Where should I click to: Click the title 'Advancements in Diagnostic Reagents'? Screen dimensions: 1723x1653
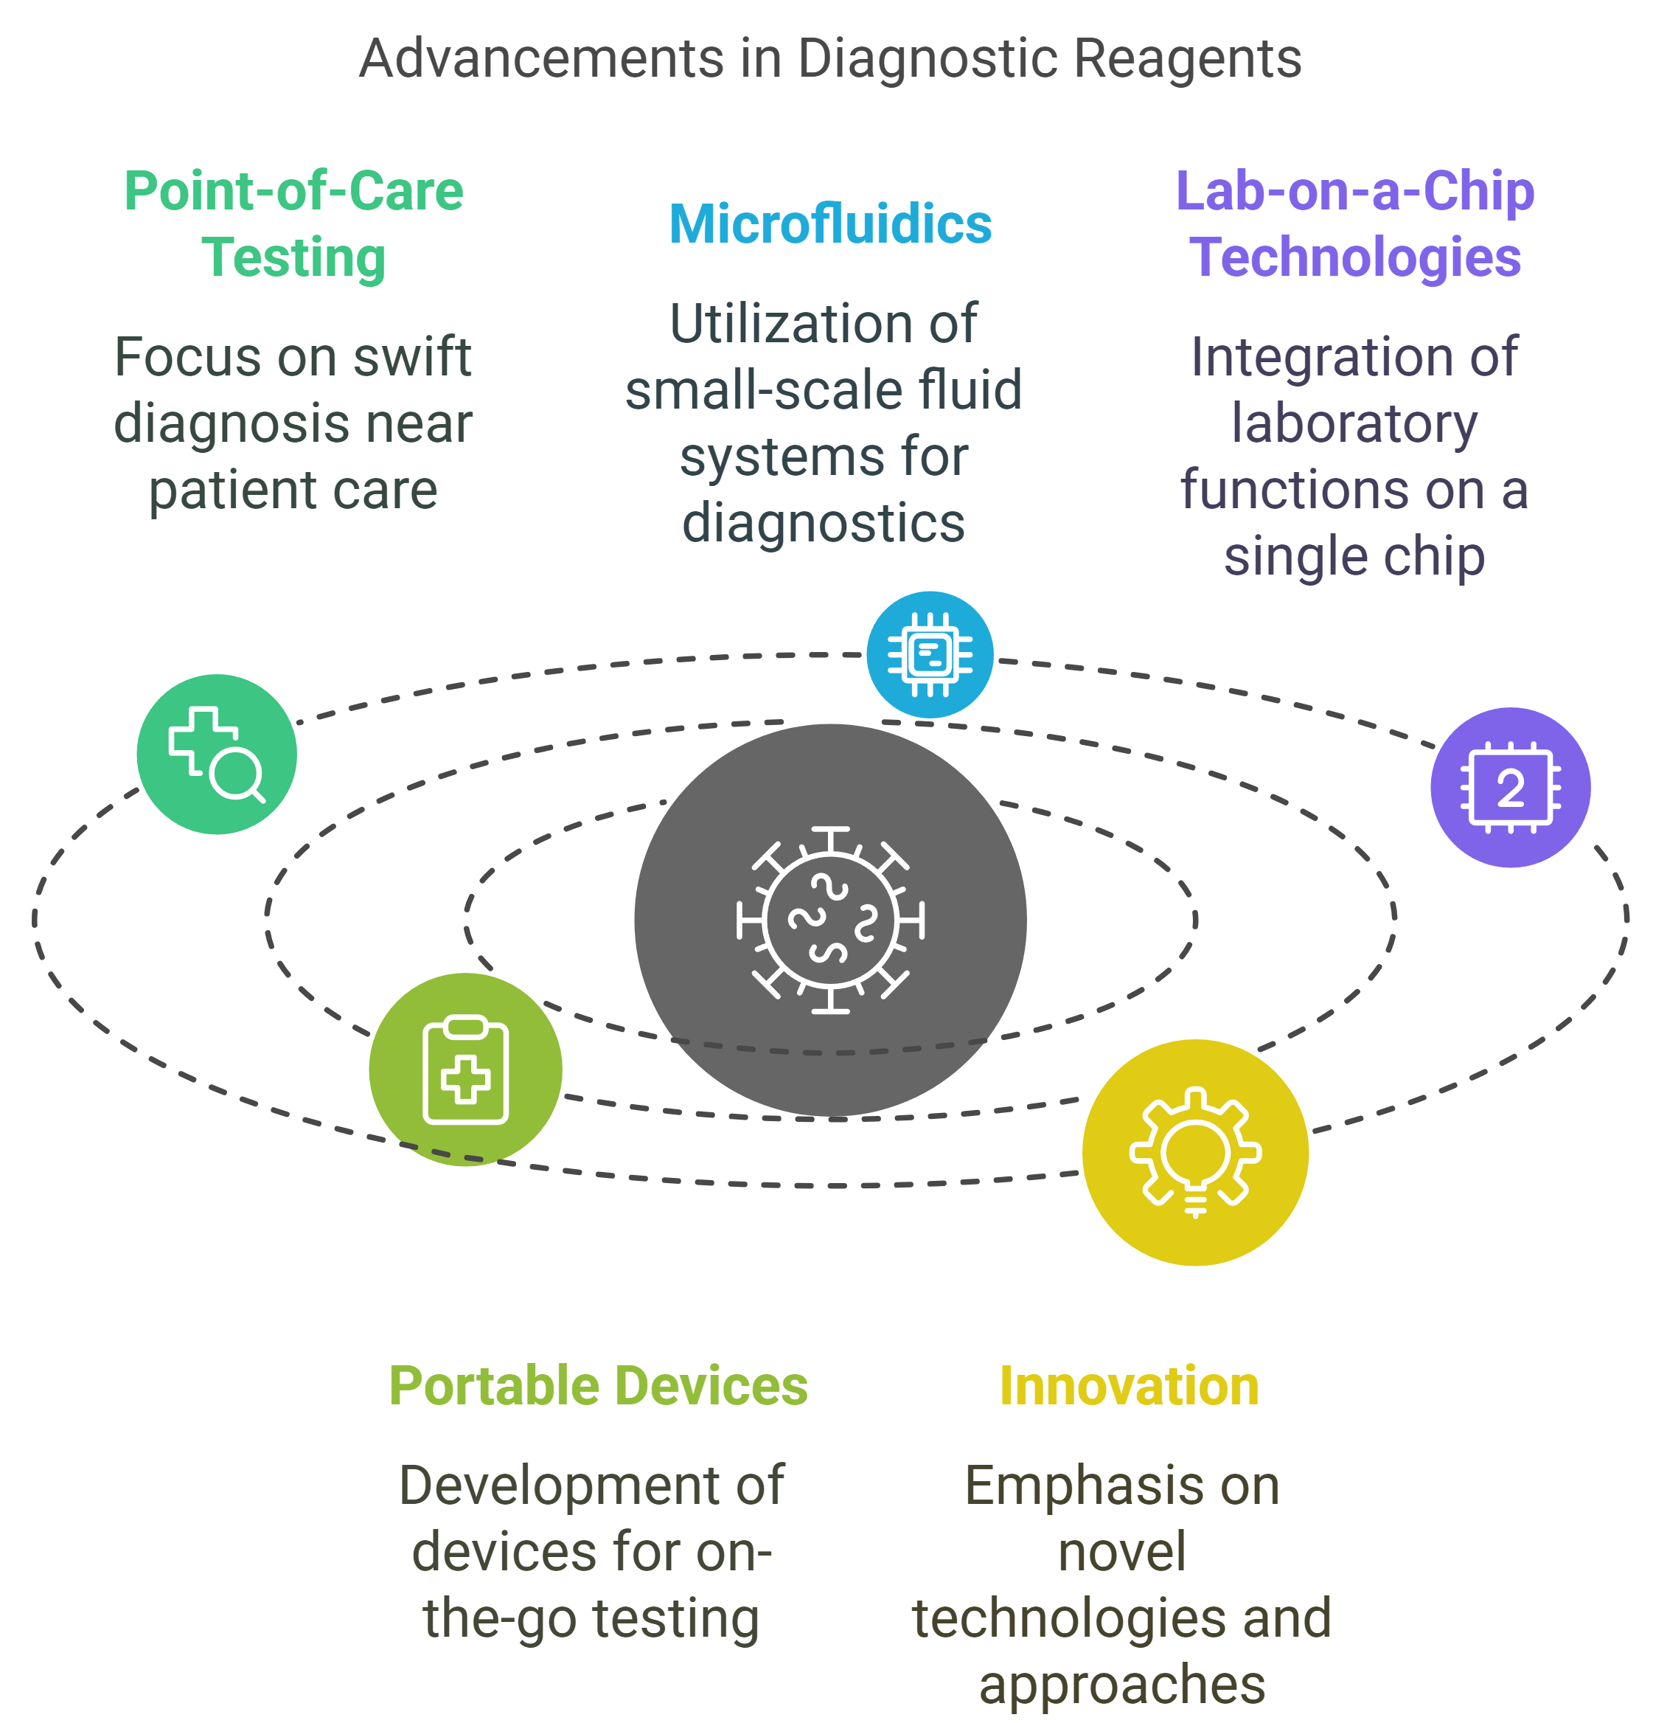pos(829,59)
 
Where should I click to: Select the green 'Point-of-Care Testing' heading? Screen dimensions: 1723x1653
pos(293,224)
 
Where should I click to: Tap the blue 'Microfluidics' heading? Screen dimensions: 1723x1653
pos(829,224)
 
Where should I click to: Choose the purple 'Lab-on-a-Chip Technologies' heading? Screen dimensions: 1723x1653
pos(1354,224)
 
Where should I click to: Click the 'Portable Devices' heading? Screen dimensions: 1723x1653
pos(598,1387)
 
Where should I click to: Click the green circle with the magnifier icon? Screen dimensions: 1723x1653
pos(216,755)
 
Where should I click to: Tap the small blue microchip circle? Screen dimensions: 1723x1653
pos(930,655)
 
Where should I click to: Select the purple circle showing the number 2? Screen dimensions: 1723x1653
pos(1510,788)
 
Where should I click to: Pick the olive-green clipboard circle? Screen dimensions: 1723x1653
pos(465,1069)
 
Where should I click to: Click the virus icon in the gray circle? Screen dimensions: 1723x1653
pos(829,921)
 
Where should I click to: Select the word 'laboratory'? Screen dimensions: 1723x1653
pos(1354,423)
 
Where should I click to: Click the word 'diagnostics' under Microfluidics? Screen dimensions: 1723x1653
pos(824,523)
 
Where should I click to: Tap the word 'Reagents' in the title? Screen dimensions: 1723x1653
pos(1187,59)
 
